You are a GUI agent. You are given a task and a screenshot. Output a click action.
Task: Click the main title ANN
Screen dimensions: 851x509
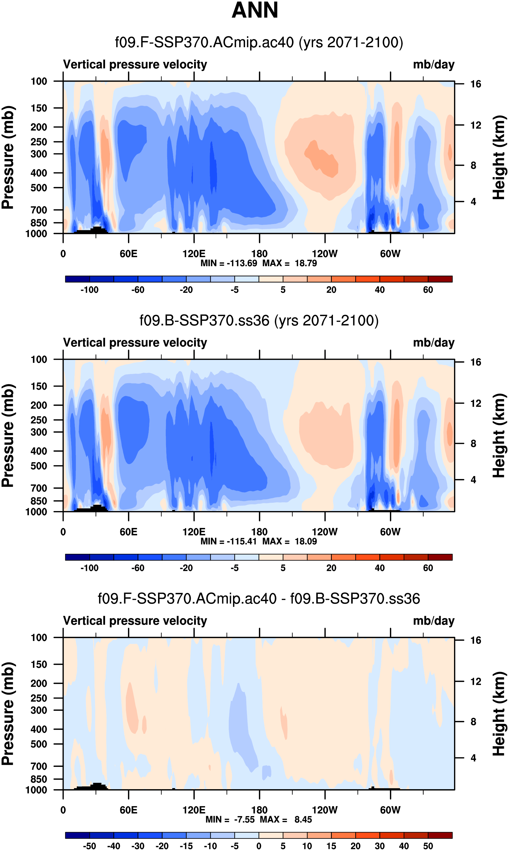tap(255, 10)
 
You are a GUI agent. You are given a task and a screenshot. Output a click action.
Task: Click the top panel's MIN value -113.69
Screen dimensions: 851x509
tap(242, 263)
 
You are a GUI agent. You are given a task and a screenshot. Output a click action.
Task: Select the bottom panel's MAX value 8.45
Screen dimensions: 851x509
tap(303, 819)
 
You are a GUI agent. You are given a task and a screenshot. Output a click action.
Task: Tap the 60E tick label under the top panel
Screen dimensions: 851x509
tap(129, 254)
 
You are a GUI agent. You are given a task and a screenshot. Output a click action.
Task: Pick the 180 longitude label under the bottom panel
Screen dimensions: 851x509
tap(259, 810)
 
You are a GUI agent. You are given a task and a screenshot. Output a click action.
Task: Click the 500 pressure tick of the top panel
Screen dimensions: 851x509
tap(39, 188)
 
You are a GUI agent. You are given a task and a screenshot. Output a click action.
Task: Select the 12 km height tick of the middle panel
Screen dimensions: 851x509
tap(476, 403)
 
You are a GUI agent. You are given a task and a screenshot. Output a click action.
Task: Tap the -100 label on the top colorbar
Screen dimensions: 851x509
tap(90, 290)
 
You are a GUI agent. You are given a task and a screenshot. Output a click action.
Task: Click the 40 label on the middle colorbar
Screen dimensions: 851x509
tap(380, 568)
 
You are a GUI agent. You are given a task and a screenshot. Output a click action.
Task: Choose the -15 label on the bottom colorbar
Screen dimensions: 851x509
tap(186, 846)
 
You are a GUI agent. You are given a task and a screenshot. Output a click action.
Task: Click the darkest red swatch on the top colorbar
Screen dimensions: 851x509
tap(440, 279)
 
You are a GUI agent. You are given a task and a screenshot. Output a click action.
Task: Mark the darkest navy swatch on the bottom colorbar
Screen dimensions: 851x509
tap(78, 835)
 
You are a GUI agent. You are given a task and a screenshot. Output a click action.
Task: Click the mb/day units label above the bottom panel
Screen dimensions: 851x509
tap(433, 621)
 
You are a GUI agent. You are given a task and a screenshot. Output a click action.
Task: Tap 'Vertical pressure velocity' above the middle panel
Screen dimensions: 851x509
tap(135, 343)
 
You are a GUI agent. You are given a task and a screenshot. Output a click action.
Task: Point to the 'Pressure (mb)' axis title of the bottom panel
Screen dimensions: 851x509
tap(7, 714)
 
